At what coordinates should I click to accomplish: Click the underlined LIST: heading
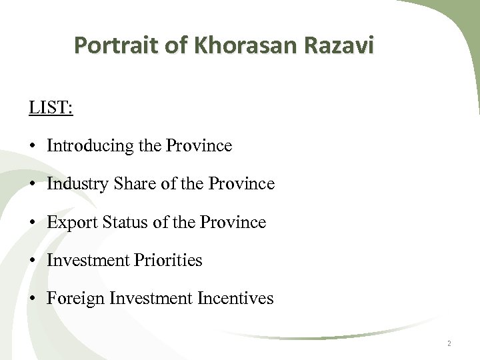point(51,107)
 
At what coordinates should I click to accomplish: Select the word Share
point(133,183)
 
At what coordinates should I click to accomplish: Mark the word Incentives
point(235,298)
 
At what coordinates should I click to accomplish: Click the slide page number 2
point(449,343)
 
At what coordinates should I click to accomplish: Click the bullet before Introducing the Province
point(33,146)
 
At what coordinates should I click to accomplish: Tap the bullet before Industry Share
point(33,184)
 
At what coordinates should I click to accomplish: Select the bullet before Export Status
point(33,223)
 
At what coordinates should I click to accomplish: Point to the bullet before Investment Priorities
point(33,261)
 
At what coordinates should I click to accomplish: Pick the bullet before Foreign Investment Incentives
point(33,299)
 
